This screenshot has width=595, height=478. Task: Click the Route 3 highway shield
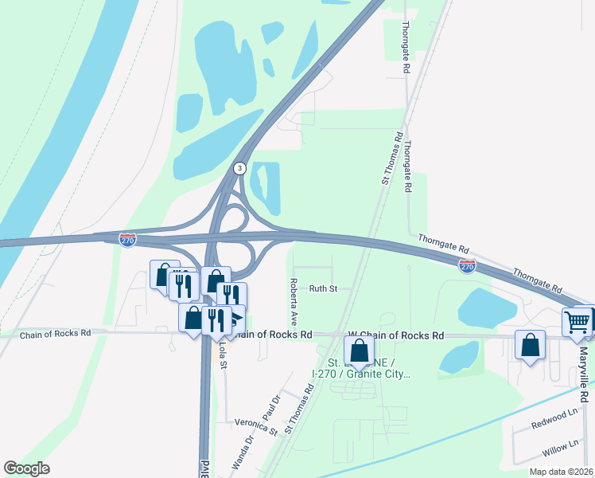click(239, 168)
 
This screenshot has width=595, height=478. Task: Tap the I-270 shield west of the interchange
click(127, 239)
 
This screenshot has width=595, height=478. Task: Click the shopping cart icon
click(577, 322)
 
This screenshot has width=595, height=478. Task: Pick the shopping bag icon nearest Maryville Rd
click(530, 345)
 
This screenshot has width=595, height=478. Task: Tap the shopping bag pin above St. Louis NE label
click(360, 351)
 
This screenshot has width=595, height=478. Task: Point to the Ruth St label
click(324, 288)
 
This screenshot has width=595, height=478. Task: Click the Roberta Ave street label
click(294, 302)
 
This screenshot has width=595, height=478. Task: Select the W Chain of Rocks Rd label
click(395, 336)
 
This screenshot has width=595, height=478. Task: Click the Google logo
click(26, 468)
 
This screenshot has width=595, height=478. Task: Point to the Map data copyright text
click(561, 472)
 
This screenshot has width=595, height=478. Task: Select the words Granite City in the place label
click(381, 374)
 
